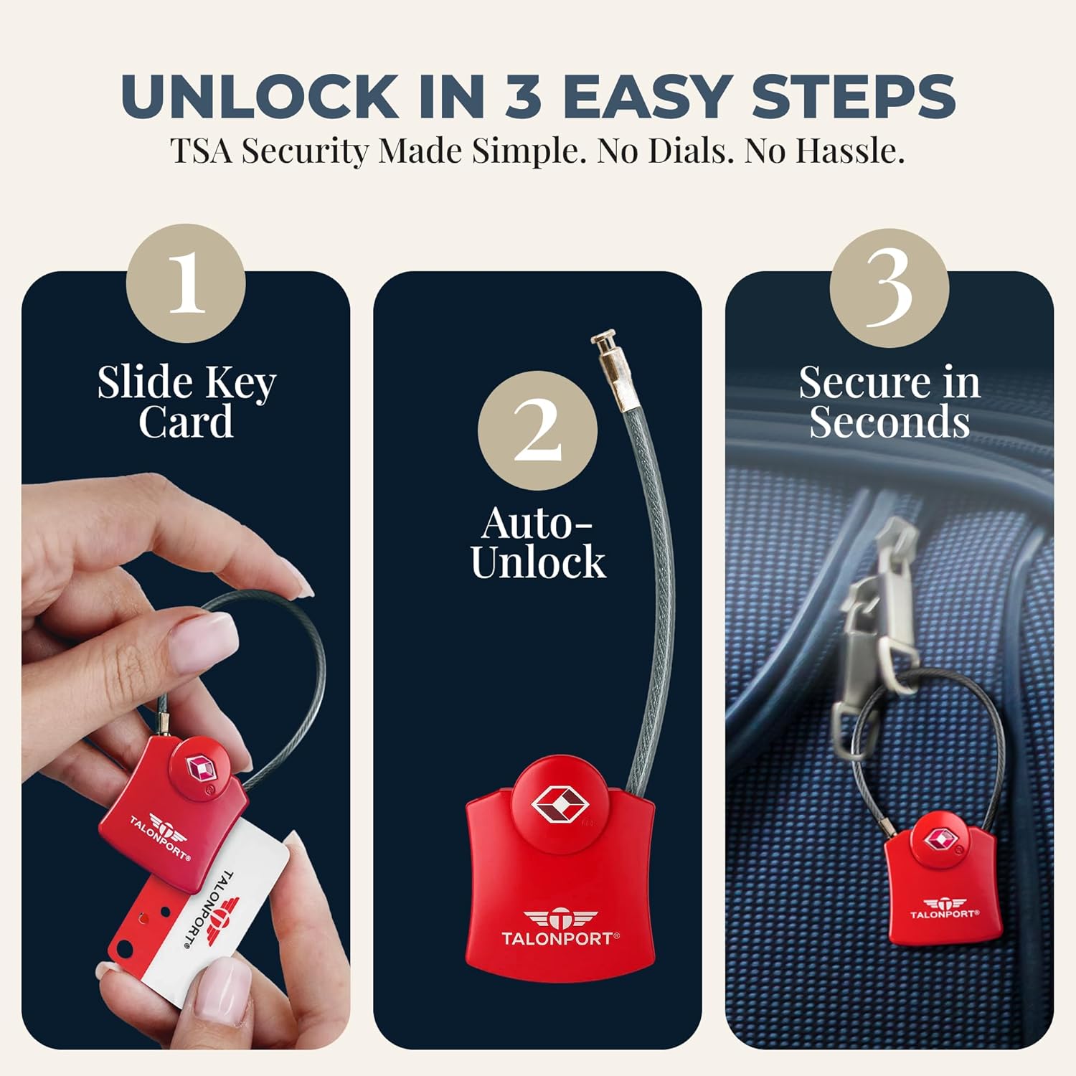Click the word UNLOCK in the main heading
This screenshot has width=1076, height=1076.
tap(259, 95)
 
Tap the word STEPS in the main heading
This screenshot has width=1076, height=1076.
tap(853, 95)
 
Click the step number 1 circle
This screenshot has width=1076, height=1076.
tap(186, 283)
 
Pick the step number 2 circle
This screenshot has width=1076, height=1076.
tap(537, 430)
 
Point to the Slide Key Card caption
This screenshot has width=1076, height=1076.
tap(187, 402)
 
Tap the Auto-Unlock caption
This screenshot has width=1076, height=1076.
tap(538, 543)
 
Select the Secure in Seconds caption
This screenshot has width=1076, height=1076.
tap(889, 402)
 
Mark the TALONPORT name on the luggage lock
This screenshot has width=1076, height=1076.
tap(944, 914)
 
